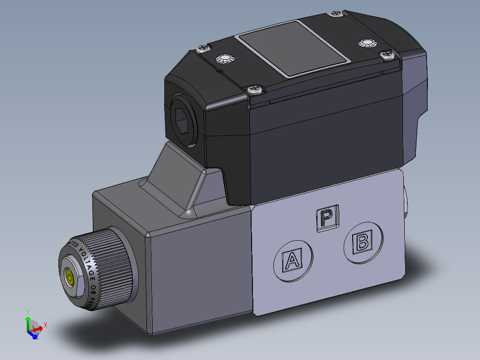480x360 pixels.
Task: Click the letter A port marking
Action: click(x=292, y=260)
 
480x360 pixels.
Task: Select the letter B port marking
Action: click(x=362, y=242)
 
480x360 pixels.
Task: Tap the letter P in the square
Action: click(x=327, y=218)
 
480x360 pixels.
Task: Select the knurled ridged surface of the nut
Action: click(x=116, y=267)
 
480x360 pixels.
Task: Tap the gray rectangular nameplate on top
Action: click(x=292, y=48)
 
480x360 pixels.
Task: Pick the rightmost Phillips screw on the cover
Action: click(x=387, y=55)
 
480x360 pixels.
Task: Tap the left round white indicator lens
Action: click(x=224, y=59)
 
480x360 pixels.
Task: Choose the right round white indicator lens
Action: click(x=367, y=43)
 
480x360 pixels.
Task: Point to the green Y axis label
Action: click(x=28, y=311)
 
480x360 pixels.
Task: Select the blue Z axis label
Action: click(x=37, y=336)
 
